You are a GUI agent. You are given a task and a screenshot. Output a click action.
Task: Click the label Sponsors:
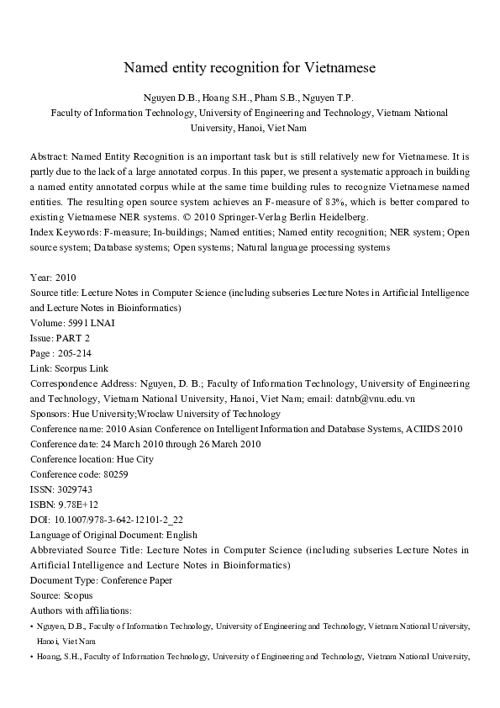tap(51, 414)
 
